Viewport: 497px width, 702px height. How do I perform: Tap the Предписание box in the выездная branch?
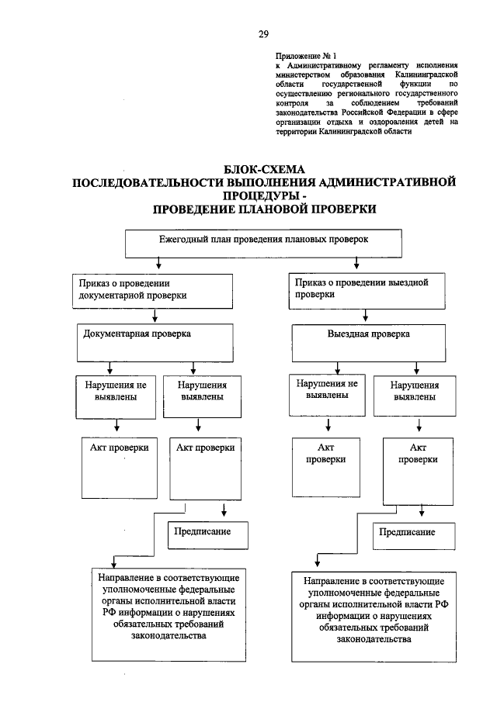click(407, 534)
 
